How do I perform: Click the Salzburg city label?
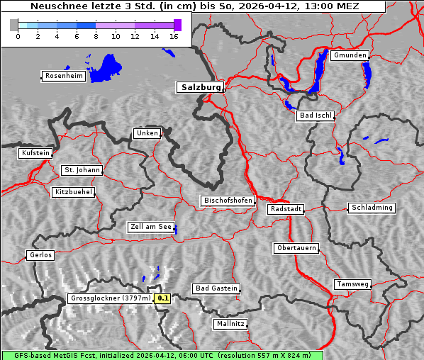tap(200, 87)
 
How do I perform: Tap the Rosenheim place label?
tap(63, 76)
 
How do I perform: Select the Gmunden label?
tap(350, 55)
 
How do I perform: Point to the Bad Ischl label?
tap(316, 116)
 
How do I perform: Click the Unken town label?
tap(146, 133)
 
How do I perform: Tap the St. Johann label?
tap(82, 170)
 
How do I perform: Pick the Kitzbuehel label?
tap(73, 192)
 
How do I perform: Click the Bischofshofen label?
tap(228, 201)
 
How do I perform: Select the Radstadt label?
tap(286, 209)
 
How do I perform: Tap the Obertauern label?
tap(296, 248)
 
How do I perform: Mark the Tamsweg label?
tap(352, 284)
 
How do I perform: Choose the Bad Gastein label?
tap(216, 288)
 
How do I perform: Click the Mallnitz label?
tap(230, 324)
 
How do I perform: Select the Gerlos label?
tap(40, 255)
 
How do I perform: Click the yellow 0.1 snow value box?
tap(163, 299)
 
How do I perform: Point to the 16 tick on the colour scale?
tap(173, 35)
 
